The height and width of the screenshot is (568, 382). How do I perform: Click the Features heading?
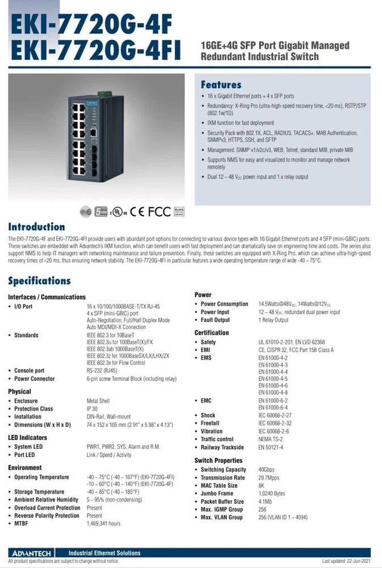221,85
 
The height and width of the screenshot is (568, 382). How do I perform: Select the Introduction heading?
36,227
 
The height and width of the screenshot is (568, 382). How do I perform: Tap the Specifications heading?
39,281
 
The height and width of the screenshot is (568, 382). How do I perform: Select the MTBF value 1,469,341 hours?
103,523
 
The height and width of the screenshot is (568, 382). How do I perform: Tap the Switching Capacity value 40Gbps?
268,470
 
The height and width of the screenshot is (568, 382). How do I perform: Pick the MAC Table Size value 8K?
262,486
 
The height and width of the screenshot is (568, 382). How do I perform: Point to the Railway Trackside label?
223,448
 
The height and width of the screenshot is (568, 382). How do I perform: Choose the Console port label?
30,370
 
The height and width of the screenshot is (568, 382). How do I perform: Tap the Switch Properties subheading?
218,460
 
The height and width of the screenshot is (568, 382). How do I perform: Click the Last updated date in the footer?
346,561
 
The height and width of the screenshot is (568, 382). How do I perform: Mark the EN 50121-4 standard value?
272,448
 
